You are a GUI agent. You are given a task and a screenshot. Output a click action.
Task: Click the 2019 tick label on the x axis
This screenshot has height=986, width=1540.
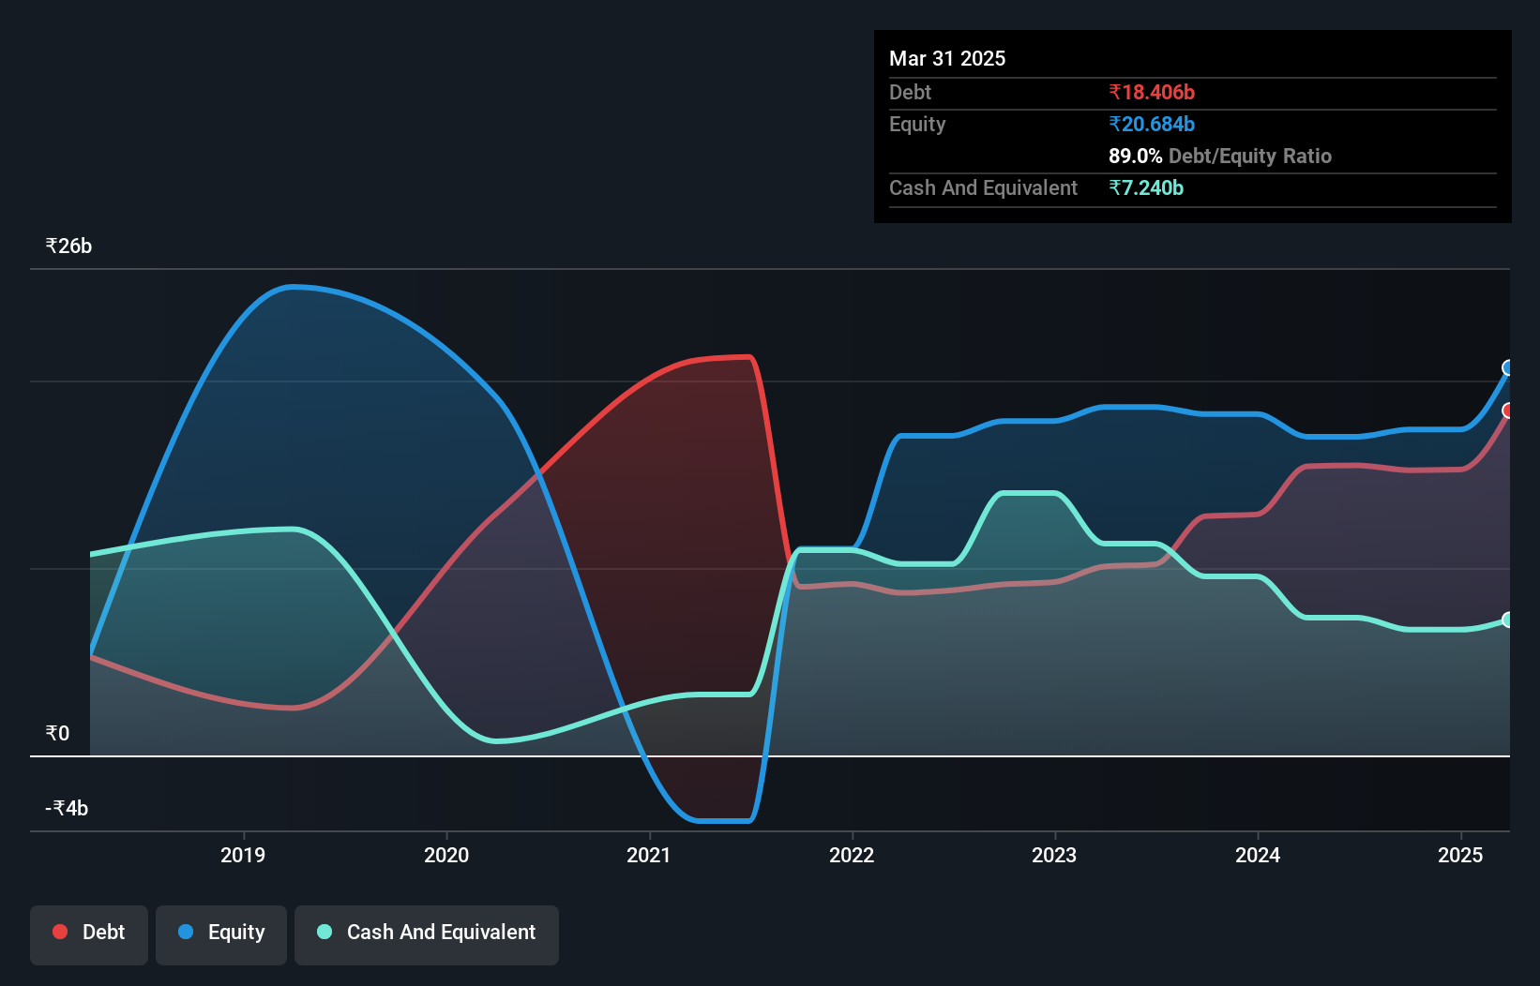coord(243,855)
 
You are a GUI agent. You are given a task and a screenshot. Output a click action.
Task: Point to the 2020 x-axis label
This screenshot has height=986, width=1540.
coord(446,855)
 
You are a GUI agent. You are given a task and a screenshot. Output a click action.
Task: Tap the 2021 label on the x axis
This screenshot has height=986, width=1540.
coord(649,855)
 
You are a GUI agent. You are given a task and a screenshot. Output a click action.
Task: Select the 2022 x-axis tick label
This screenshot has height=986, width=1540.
coord(852,855)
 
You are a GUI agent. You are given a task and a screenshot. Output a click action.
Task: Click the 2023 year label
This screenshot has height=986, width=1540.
coord(1054,855)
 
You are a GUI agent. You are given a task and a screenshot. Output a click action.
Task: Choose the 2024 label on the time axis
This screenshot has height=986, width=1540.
coord(1258,855)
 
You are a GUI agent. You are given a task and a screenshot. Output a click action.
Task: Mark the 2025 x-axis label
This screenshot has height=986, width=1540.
coord(1460,855)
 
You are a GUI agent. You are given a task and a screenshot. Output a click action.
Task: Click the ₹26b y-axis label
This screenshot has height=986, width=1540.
coord(68,246)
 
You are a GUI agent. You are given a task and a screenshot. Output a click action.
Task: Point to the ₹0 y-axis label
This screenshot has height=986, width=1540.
coord(57,733)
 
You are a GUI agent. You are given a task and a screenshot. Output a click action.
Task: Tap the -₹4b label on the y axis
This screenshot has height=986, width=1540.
coord(67,808)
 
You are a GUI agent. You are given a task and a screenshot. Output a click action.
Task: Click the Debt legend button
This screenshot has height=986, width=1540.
coord(89,933)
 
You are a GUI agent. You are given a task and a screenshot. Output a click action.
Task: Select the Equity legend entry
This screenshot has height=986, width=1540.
coord(221,933)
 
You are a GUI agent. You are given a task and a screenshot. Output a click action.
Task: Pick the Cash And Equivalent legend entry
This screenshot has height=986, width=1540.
coord(427,933)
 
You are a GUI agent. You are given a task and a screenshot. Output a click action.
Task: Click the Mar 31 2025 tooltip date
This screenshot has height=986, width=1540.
coord(947,58)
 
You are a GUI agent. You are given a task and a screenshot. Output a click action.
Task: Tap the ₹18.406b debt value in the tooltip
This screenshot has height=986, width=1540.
coord(1152,92)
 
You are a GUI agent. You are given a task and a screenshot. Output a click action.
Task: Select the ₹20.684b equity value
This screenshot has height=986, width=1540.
coord(1152,124)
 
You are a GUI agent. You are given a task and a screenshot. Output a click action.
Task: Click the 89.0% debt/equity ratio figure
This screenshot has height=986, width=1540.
coord(1135,156)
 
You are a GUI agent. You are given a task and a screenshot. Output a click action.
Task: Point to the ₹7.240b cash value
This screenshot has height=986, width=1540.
coord(1146,187)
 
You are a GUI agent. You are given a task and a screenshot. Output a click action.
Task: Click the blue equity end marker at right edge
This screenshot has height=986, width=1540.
coord(1508,367)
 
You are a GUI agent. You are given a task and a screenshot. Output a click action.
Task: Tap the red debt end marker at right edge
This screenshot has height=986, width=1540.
coord(1508,411)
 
